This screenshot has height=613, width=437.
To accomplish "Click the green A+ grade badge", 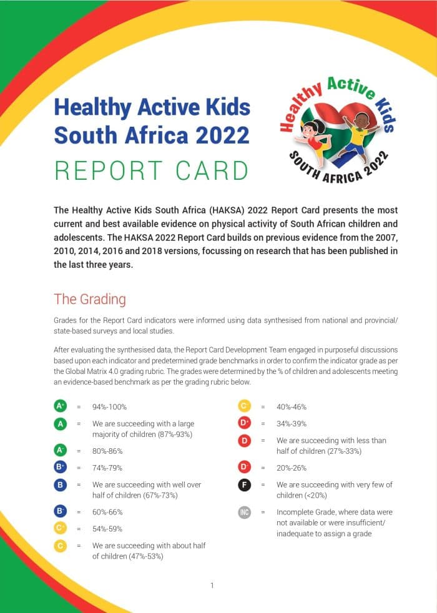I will coord(61,406).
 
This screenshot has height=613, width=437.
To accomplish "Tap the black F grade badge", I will coord(245,484).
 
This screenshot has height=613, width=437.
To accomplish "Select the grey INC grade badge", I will coord(245,512).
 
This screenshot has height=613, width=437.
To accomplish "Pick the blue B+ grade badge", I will coord(61,468).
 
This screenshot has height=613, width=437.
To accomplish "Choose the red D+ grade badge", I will coord(245,423).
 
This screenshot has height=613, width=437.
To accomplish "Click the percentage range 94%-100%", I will coord(110,407).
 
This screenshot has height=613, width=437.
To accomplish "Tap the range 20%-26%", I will coord(292,468).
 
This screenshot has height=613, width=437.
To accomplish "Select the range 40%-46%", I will coord(292,407).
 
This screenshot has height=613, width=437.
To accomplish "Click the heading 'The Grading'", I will coord(90,299).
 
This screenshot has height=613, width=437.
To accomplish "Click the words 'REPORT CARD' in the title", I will coord(151,170).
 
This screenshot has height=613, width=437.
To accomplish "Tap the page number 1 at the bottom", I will coord(212,585).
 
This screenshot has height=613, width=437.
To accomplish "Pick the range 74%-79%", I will coord(107,468).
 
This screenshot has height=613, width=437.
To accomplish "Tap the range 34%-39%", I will coord(292,424).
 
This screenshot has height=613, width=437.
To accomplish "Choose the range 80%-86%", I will coord(107,451).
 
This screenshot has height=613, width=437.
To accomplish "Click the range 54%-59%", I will coord(107,529).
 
